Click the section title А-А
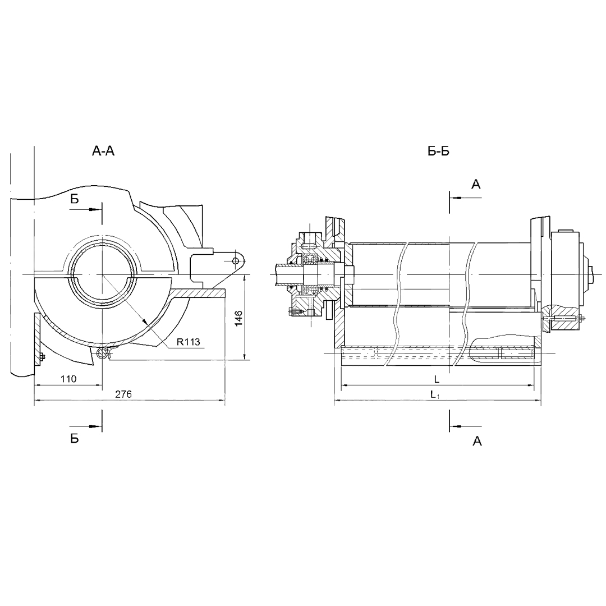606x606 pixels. tap(103, 151)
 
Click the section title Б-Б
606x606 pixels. tap(438, 151)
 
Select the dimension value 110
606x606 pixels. tap(68, 379)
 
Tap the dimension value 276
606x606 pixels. tap(123, 394)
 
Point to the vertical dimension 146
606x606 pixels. tap(238, 318)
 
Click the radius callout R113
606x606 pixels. tap(188, 342)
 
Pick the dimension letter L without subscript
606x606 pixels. tap(437, 379)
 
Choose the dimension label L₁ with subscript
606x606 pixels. tap(435, 394)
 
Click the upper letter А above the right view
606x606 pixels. tap(476, 185)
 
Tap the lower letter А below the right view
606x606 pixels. tap(478, 441)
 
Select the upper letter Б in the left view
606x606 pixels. tap(75, 199)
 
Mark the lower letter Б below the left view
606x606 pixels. tap(75, 439)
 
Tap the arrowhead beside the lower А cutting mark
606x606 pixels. tap(456, 426)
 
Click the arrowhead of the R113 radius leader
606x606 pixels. tap(145, 322)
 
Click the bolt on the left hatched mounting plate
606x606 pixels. tap(42, 356)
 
